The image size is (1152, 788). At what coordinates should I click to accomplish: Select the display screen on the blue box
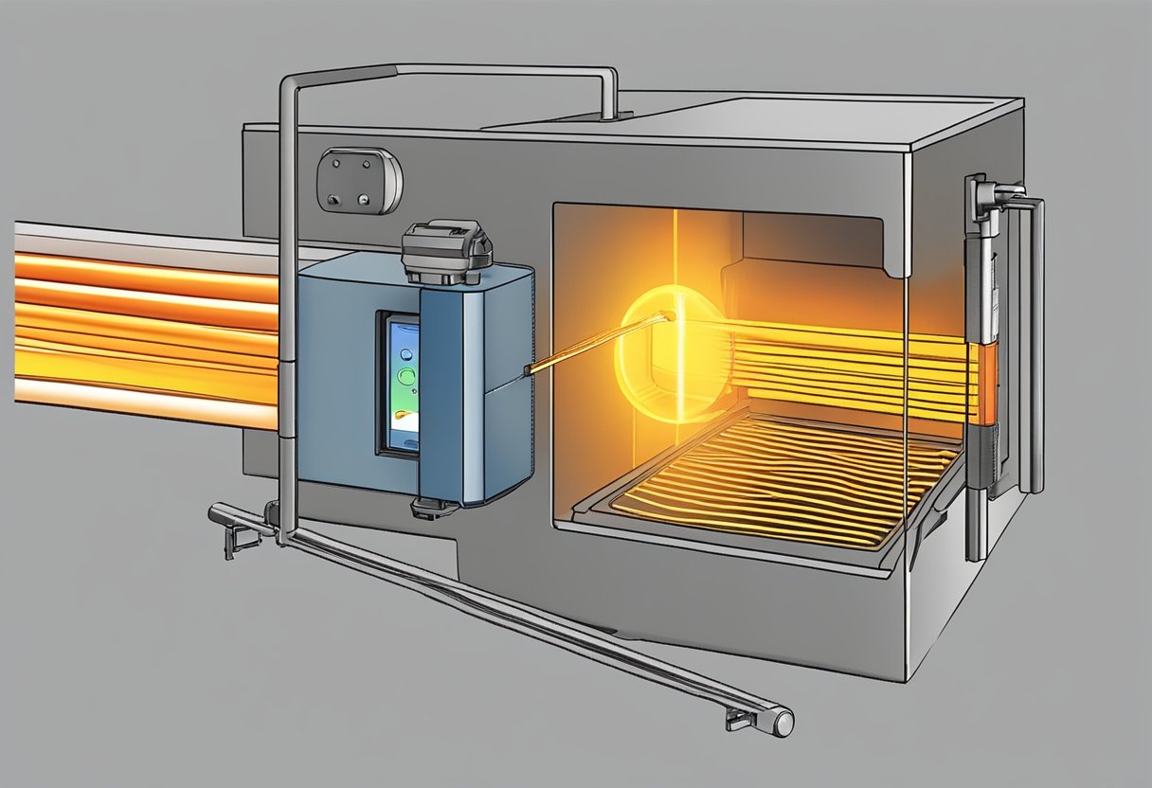click(x=401, y=384)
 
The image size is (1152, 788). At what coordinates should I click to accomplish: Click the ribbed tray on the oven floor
click(x=777, y=478)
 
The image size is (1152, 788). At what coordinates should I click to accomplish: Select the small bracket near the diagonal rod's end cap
click(x=739, y=720)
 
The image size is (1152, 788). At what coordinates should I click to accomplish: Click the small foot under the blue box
click(x=427, y=509)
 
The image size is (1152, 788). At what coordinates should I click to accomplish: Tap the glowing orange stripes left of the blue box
click(x=142, y=322)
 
